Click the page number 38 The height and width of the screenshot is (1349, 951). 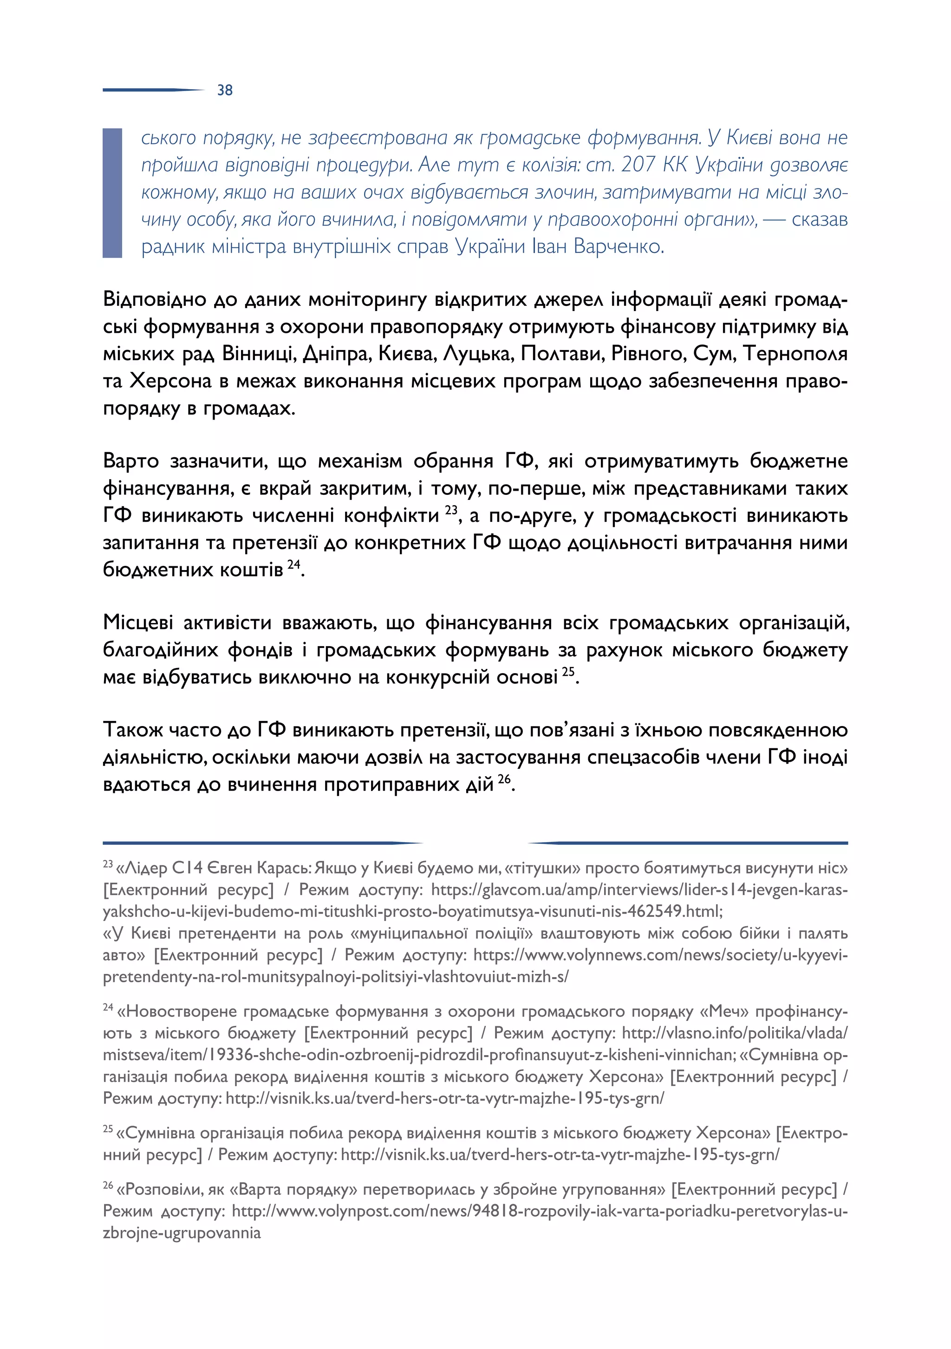pos(225,90)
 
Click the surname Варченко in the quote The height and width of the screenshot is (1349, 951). pos(619,246)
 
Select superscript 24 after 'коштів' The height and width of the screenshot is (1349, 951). pos(293,564)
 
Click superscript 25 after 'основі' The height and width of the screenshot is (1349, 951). pos(568,672)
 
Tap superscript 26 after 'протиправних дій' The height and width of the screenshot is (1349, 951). pos(504,779)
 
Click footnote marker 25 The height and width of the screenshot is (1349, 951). pos(108,1128)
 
